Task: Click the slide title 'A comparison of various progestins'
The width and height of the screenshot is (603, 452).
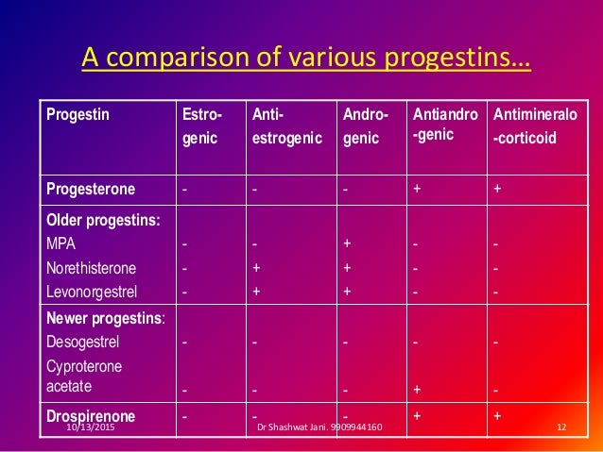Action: click(x=306, y=58)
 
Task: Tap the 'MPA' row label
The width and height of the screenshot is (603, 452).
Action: click(x=61, y=243)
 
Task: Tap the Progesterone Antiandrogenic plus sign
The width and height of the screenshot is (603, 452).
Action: click(x=418, y=187)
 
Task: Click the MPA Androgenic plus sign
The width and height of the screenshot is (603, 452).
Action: click(x=347, y=243)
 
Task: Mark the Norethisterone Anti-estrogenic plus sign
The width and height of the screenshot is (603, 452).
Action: click(x=256, y=268)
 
